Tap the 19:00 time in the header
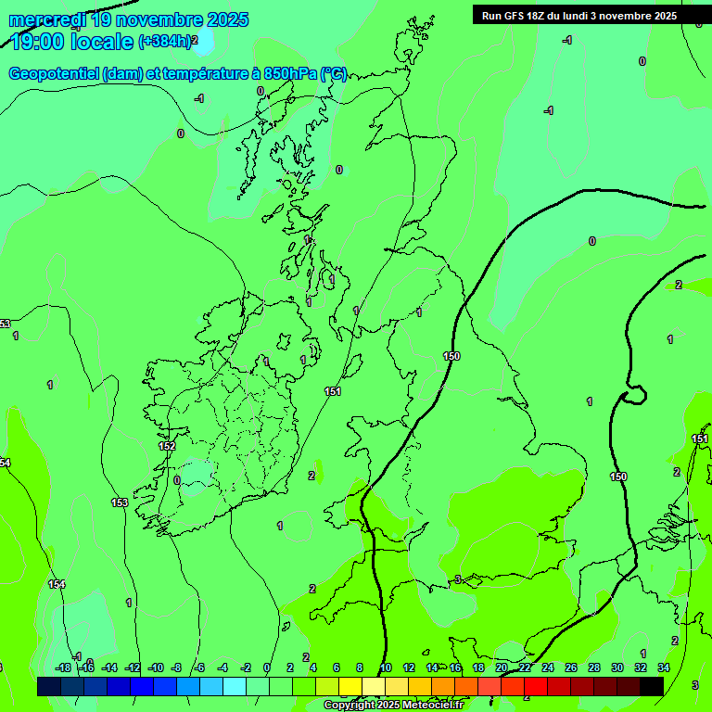pyautogui.click(x=39, y=42)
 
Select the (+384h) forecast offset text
pyautogui.click(x=164, y=41)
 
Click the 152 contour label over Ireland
pyautogui.click(x=167, y=446)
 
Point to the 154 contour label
pyautogui.click(x=57, y=584)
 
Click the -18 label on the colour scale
pyautogui.click(x=63, y=667)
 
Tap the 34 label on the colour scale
pyautogui.click(x=664, y=667)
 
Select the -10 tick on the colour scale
pyautogui.click(x=156, y=667)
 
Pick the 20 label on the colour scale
pyautogui.click(x=502, y=667)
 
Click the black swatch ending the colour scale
pyautogui.click(x=652, y=686)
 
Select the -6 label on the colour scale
pyautogui.click(x=198, y=667)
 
